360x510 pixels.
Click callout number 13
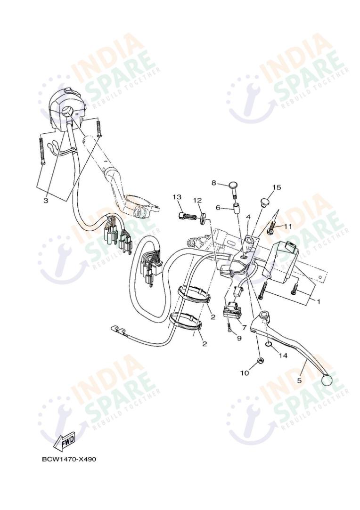[x=177, y=197]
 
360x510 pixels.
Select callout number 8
[x=213, y=183]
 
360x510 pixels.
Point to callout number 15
[x=276, y=187]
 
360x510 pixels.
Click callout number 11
[x=287, y=227]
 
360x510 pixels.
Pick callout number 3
[x=46, y=201]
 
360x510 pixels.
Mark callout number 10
[x=245, y=373]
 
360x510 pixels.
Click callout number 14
[x=283, y=356]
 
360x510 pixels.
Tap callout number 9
[x=239, y=338]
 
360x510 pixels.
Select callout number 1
[x=318, y=301]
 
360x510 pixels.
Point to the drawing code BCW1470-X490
[x=69, y=459]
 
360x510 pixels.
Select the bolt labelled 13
[x=187, y=216]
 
